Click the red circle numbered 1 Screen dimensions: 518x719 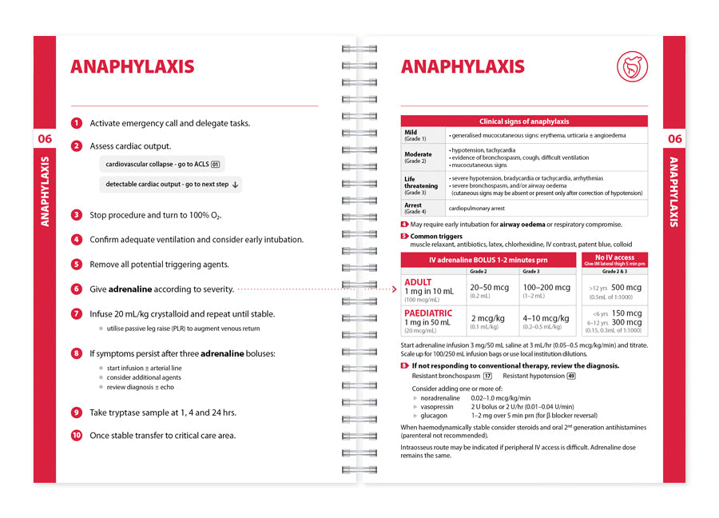(x=76, y=123)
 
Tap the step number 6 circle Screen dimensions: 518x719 (x=76, y=289)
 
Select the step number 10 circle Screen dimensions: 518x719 (x=76, y=436)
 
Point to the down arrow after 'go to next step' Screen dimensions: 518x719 (x=236, y=185)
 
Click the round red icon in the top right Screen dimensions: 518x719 (x=632, y=67)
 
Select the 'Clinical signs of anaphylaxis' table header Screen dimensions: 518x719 (x=524, y=122)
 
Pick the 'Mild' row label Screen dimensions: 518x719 (x=411, y=133)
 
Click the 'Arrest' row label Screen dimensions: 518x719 (x=413, y=205)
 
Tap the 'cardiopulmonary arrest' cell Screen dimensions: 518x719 (x=476, y=208)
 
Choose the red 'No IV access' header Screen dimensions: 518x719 (x=614, y=257)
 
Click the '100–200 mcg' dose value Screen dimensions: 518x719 (x=546, y=287)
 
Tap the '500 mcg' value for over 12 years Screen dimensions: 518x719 (x=627, y=287)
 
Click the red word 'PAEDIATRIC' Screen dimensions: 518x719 (x=428, y=313)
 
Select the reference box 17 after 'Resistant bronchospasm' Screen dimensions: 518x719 (x=487, y=376)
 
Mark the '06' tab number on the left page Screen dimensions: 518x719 (x=45, y=139)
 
